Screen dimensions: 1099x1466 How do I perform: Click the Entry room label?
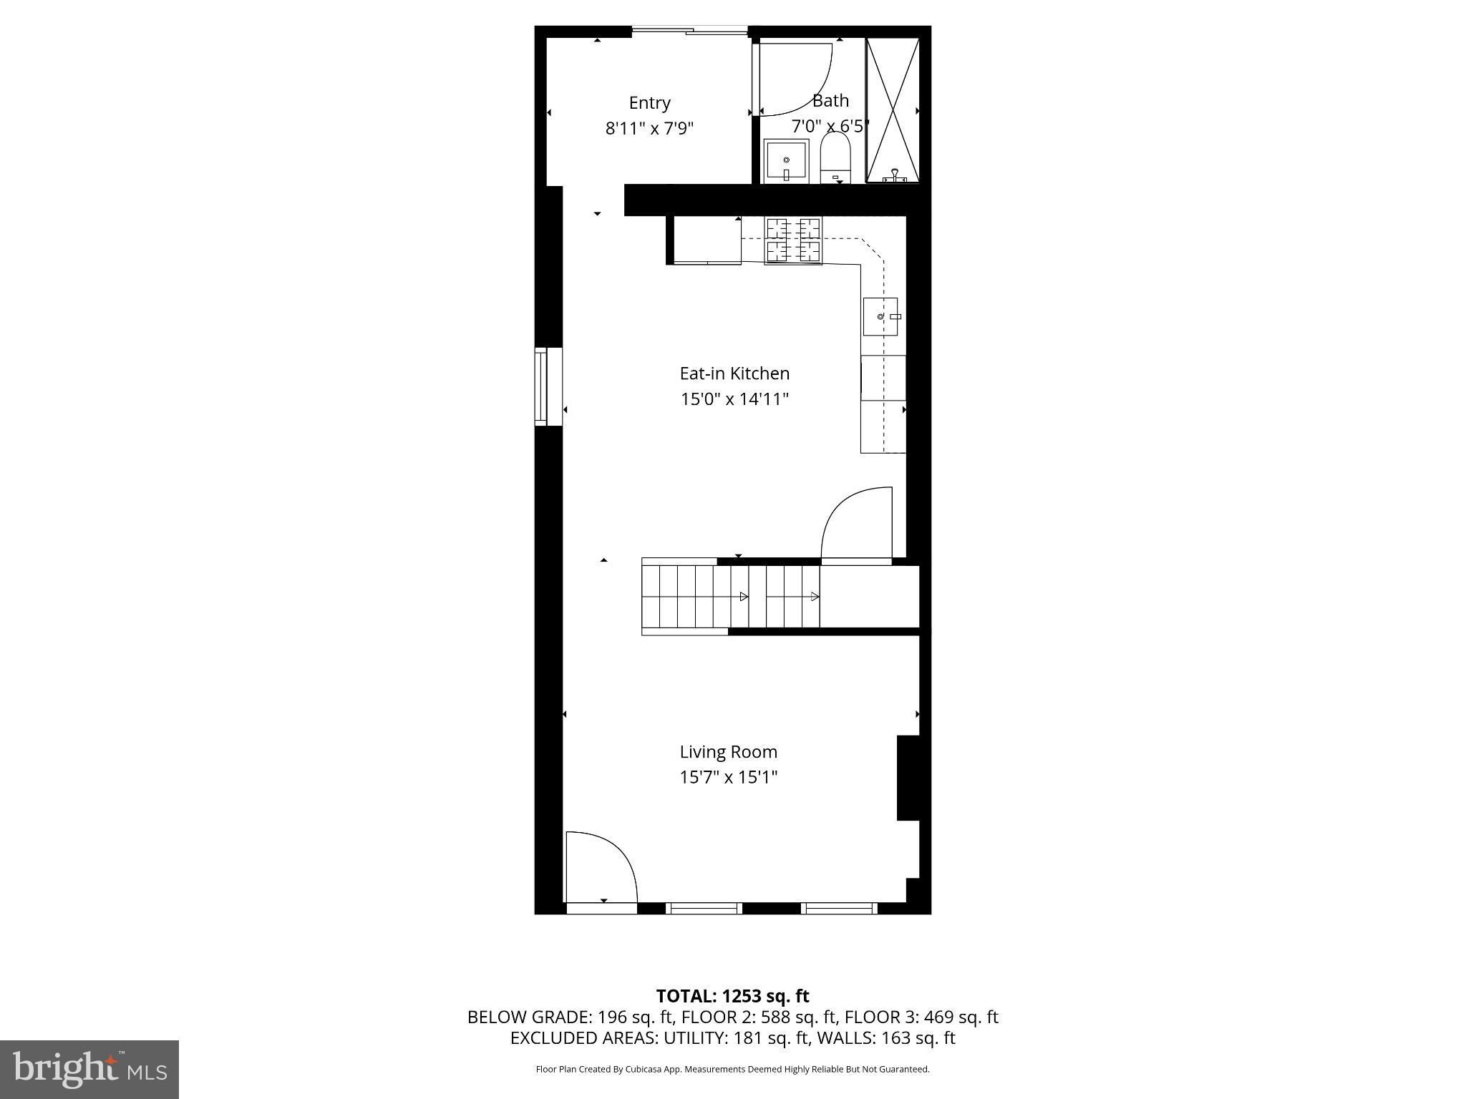[x=649, y=103]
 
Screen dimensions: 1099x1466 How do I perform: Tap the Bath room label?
[x=830, y=101]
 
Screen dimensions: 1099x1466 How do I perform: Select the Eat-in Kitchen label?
[x=734, y=373]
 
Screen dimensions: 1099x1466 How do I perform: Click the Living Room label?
[x=728, y=752]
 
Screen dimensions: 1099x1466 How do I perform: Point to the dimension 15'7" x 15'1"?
[x=728, y=777]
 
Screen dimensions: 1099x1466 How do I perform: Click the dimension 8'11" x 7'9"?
[x=649, y=129]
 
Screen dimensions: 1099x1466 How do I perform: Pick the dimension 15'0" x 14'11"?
[x=734, y=399]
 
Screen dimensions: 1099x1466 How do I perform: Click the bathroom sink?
[x=786, y=162]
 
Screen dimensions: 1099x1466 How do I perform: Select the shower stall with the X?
[x=893, y=109]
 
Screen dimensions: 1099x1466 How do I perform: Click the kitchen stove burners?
[x=793, y=240]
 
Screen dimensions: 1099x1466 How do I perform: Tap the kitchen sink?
[x=880, y=316]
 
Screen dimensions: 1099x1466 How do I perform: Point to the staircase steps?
[x=730, y=597]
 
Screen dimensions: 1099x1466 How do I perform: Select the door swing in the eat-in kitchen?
[x=858, y=524]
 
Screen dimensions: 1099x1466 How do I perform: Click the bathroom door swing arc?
[x=796, y=79]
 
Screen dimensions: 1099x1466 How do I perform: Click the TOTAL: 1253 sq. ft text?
[x=732, y=996]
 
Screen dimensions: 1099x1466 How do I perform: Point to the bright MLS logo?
[x=89, y=1070]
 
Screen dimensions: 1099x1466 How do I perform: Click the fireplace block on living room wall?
[x=908, y=778]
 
